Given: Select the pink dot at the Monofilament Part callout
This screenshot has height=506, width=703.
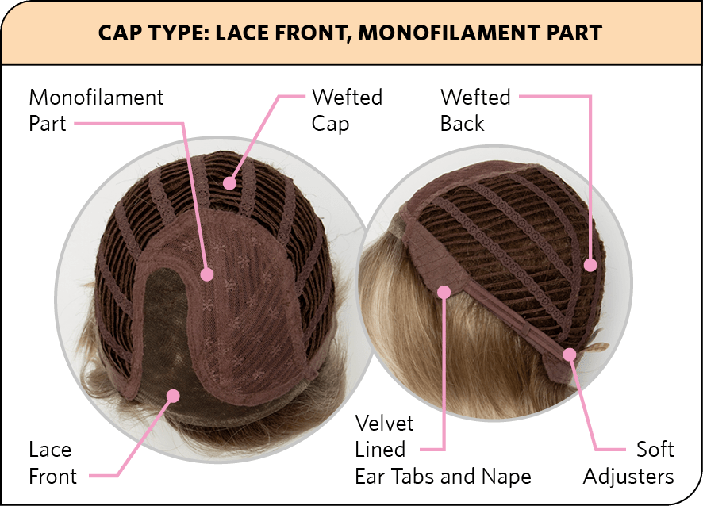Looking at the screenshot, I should [208, 274].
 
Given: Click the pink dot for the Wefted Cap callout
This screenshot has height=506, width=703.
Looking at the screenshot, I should [230, 183].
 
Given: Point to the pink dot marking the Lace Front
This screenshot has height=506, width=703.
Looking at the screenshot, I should [172, 394].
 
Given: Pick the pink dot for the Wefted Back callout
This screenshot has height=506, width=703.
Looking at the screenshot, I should [590, 266].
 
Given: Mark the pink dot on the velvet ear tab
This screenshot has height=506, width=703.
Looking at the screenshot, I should [444, 293].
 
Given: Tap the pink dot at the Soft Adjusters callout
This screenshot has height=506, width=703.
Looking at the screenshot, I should [570, 355].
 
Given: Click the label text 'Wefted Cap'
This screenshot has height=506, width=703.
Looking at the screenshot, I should [347, 110].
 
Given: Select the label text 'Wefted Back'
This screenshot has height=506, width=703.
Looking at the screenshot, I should [475, 110].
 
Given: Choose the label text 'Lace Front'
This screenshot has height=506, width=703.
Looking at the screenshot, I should [53, 463].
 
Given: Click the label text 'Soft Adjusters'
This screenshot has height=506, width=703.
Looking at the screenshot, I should [628, 463].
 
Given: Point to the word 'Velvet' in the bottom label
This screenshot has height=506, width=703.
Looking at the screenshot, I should [384, 423].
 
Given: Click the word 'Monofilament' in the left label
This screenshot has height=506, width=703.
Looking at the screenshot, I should [96, 98].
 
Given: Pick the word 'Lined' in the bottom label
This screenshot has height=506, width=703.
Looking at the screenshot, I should [380, 449].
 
